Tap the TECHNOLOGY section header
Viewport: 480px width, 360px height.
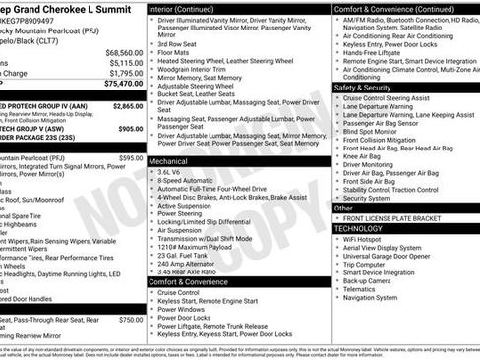click(367, 227)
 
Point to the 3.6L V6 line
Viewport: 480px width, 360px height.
click(174, 171)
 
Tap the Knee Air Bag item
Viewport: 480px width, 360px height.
click(361, 154)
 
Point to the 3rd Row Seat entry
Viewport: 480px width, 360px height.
click(177, 43)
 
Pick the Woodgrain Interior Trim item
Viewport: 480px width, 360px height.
click(195, 69)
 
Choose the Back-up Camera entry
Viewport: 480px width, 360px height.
click(367, 280)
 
